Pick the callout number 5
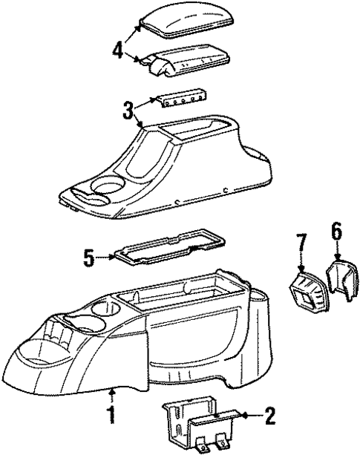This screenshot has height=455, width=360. click(89, 258)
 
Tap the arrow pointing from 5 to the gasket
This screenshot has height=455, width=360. click(105, 257)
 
